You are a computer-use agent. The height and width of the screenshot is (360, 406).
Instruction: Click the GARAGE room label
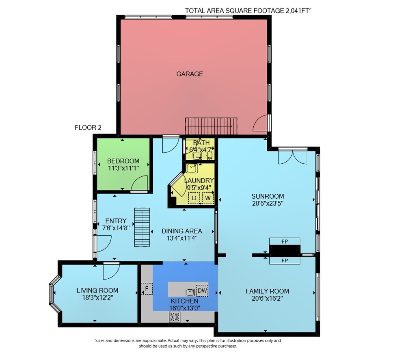(x=190, y=74)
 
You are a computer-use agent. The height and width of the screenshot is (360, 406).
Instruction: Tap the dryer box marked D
(x=194, y=198)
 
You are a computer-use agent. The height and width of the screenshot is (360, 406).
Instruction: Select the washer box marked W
(x=207, y=198)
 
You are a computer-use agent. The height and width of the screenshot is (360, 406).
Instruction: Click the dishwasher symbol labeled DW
(x=202, y=291)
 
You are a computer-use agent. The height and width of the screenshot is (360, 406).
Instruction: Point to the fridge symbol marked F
(x=147, y=288)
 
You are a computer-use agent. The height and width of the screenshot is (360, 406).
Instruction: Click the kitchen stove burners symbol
(x=175, y=317)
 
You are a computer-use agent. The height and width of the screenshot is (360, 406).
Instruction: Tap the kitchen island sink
(x=190, y=292)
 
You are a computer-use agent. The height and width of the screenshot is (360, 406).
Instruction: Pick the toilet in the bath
(x=209, y=155)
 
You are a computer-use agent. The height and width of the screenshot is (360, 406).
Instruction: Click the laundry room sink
(x=192, y=168)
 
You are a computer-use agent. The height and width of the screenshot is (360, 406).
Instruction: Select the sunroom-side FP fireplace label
(x=285, y=241)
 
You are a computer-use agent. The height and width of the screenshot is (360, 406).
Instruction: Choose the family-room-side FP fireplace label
(x=285, y=260)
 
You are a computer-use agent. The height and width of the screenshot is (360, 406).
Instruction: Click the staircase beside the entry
(x=142, y=227)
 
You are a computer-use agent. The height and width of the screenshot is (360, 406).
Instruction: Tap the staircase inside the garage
(x=211, y=126)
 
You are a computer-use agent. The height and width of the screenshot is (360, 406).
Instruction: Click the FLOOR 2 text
(x=88, y=128)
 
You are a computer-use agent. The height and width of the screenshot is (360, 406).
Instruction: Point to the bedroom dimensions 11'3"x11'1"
(x=123, y=168)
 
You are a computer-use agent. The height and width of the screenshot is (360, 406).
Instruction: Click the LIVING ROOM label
(x=97, y=291)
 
